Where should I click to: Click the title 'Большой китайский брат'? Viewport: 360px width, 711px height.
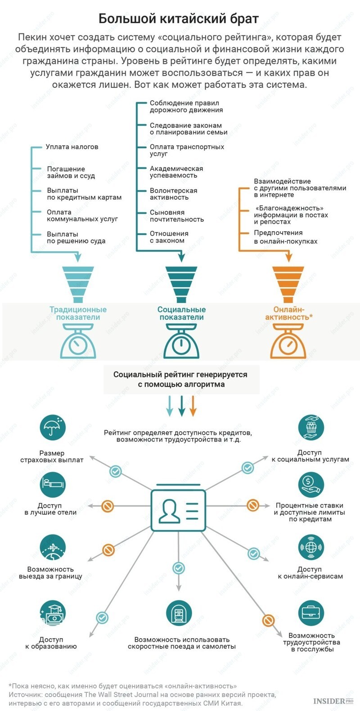pos(178,19)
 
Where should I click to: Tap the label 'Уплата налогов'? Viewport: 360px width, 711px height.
pos(72,147)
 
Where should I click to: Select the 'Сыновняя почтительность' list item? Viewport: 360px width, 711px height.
pos(176,216)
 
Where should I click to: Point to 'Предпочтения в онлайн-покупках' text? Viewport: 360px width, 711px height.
pos(285,237)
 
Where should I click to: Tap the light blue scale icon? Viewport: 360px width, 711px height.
pos(78,341)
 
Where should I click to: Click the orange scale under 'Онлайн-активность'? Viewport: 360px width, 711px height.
pos(288,341)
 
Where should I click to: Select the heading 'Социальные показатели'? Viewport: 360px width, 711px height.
pos(182,313)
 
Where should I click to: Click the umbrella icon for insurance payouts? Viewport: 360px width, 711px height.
pos(53,427)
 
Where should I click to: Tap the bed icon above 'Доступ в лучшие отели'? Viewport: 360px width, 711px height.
pos(53,484)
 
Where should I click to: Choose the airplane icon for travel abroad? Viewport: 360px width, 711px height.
pos(53,547)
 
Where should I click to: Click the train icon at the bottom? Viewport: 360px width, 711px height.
pos(179,612)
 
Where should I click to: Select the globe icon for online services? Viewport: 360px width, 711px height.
pos(311,547)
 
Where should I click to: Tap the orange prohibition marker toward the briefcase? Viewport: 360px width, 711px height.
pos(268,620)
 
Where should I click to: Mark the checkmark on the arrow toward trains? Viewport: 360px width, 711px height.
pos(178,568)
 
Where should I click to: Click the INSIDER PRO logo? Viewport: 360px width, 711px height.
pos(333,701)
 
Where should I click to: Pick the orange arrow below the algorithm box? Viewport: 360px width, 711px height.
pos(193,405)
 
